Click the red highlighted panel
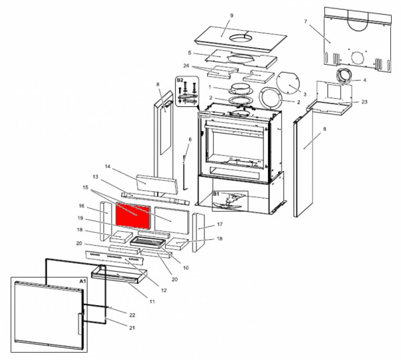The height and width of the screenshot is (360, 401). point(133,214)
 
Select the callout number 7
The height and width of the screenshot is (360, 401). point(305,22)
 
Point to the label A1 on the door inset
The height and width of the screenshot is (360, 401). point(82,283)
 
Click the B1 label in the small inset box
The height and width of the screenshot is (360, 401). point(217,194)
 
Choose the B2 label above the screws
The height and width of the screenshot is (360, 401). point(179,80)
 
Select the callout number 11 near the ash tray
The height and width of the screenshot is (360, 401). point(152,302)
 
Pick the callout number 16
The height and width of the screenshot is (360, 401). point(81,206)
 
